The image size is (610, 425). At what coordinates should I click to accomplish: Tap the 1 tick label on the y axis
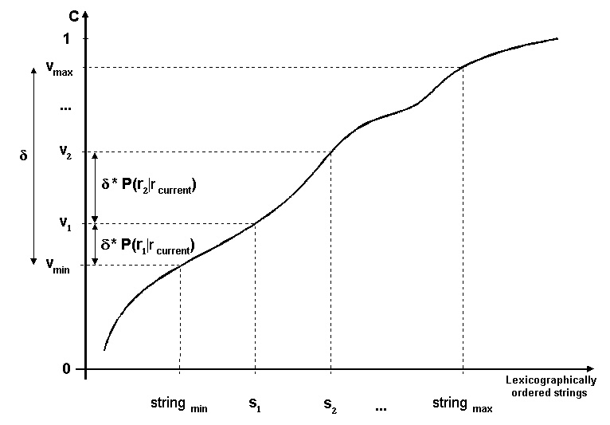pyautogui.click(x=67, y=39)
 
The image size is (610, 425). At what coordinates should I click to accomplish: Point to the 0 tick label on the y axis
pyautogui.click(x=67, y=369)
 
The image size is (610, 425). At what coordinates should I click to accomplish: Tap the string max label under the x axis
pyautogui.click(x=462, y=403)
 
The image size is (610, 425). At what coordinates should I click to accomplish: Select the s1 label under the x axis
pyautogui.click(x=254, y=403)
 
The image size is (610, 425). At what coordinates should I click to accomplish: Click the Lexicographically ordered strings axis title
pyautogui.click(x=550, y=387)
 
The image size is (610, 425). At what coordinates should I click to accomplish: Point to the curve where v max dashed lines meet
pyautogui.click(x=463, y=68)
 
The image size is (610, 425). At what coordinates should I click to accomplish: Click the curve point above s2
pyautogui.click(x=330, y=152)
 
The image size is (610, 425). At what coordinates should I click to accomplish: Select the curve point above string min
pyautogui.click(x=180, y=266)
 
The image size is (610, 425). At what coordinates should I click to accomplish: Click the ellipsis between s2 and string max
pyautogui.click(x=381, y=408)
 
